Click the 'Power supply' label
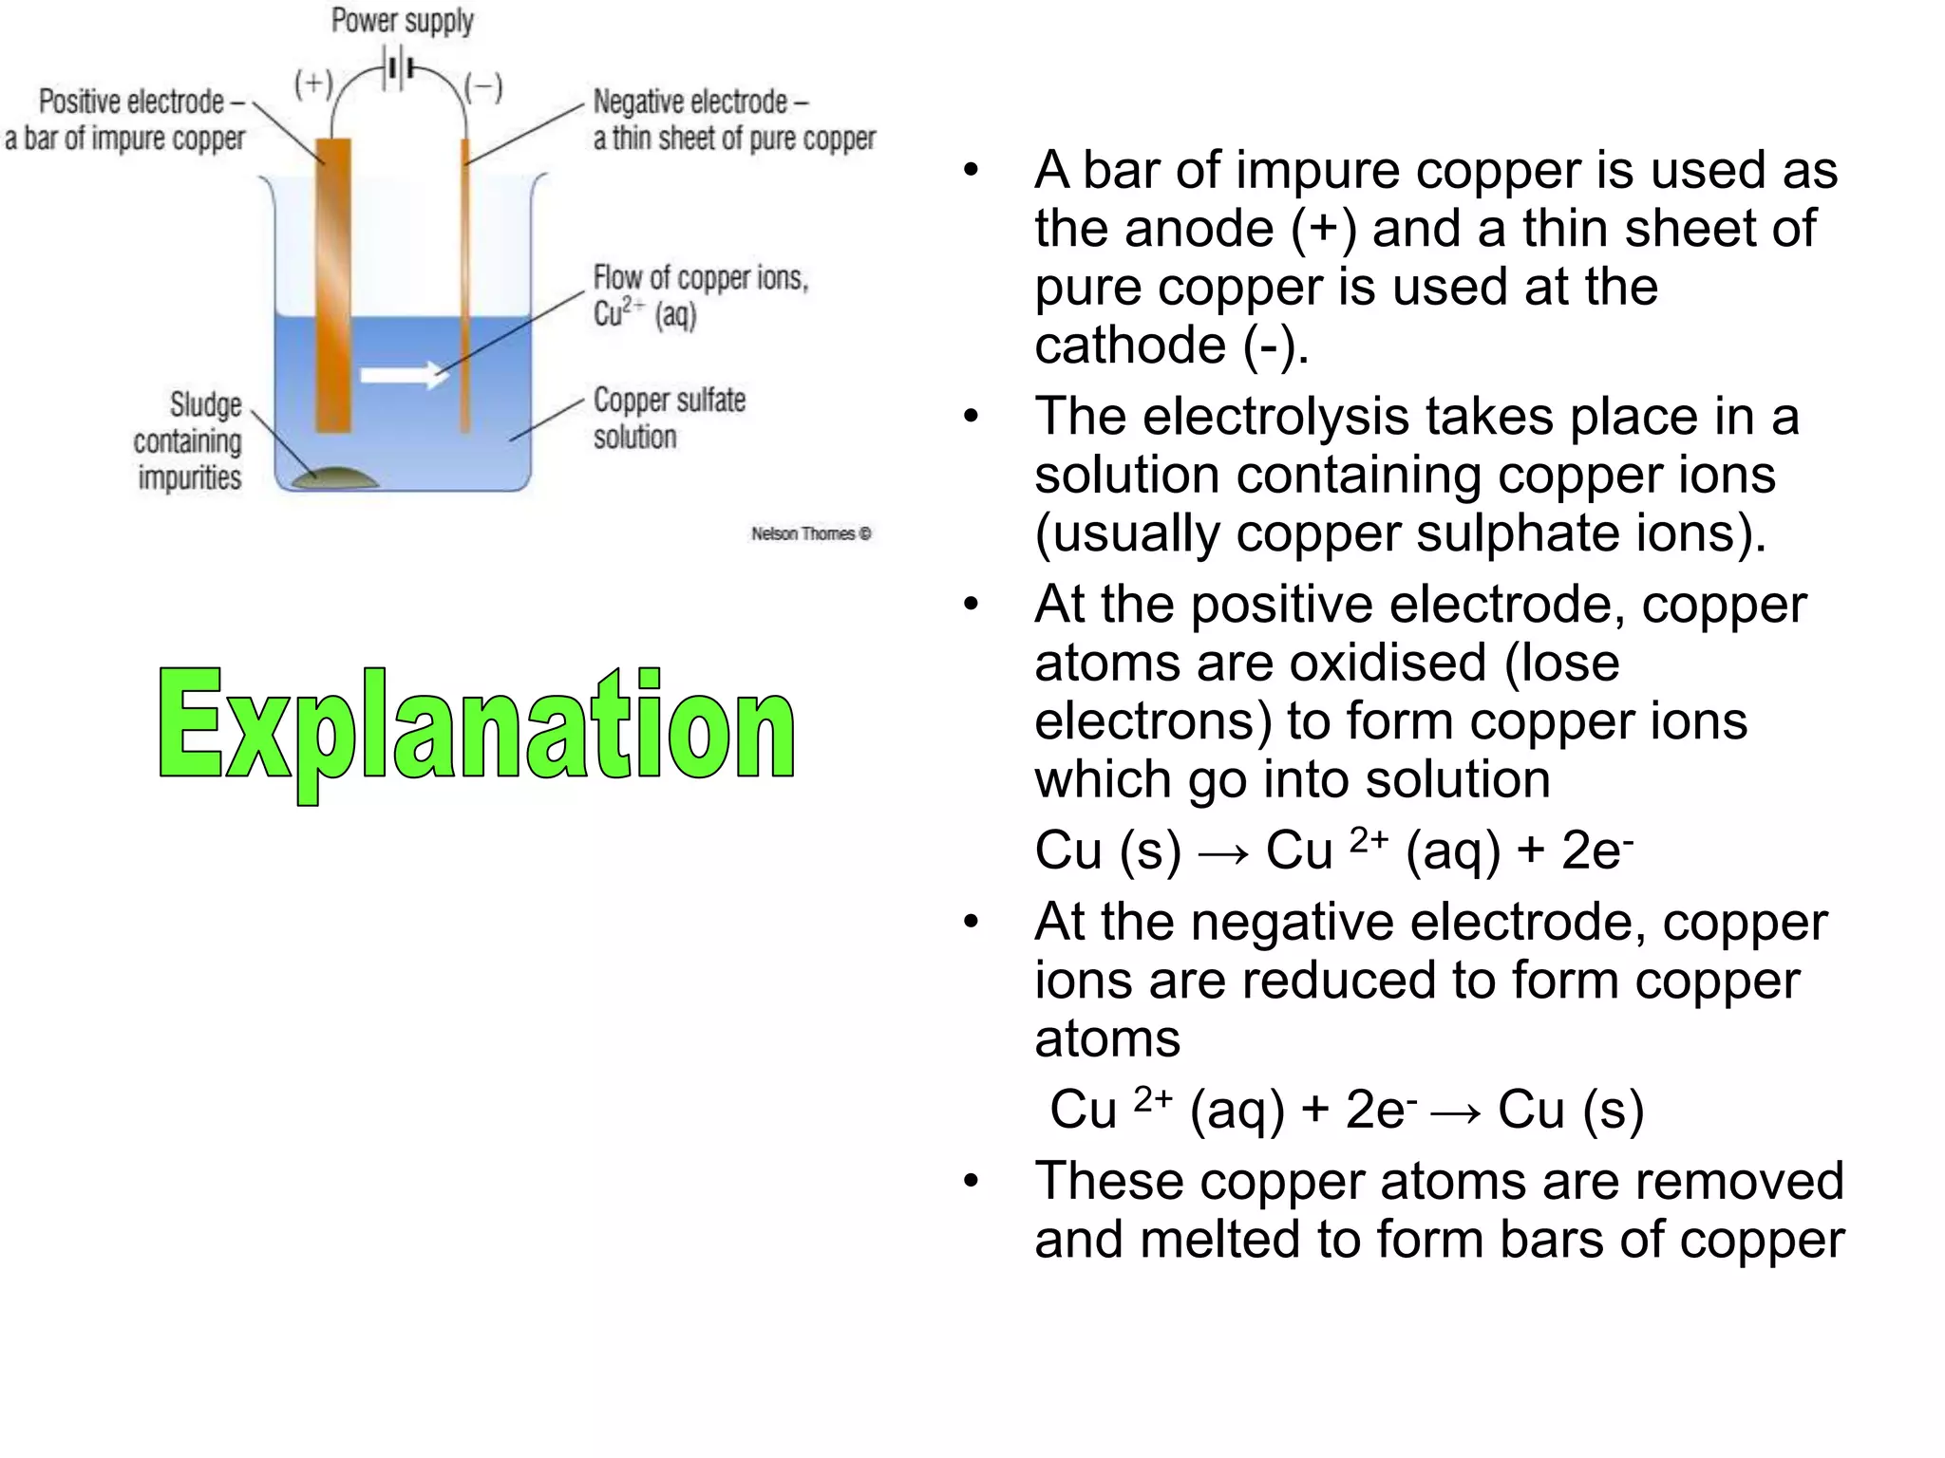(402, 21)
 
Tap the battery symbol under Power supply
(399, 69)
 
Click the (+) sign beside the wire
(312, 85)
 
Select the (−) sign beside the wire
(483, 88)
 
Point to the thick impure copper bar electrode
(333, 285)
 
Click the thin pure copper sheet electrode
(465, 285)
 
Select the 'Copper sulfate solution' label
(669, 419)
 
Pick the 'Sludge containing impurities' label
(188, 441)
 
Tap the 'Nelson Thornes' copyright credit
(811, 533)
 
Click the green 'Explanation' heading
(476, 725)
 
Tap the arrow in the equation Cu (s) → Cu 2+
(1223, 852)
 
